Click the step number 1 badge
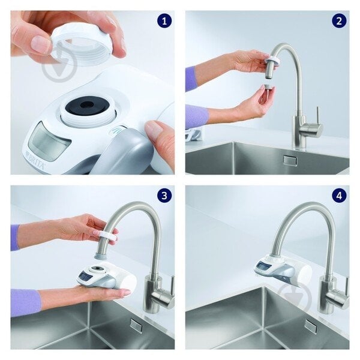(x=164, y=22)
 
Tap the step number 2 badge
(x=339, y=22)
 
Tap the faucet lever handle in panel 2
(x=313, y=129)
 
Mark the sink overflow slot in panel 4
(x=310, y=326)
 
